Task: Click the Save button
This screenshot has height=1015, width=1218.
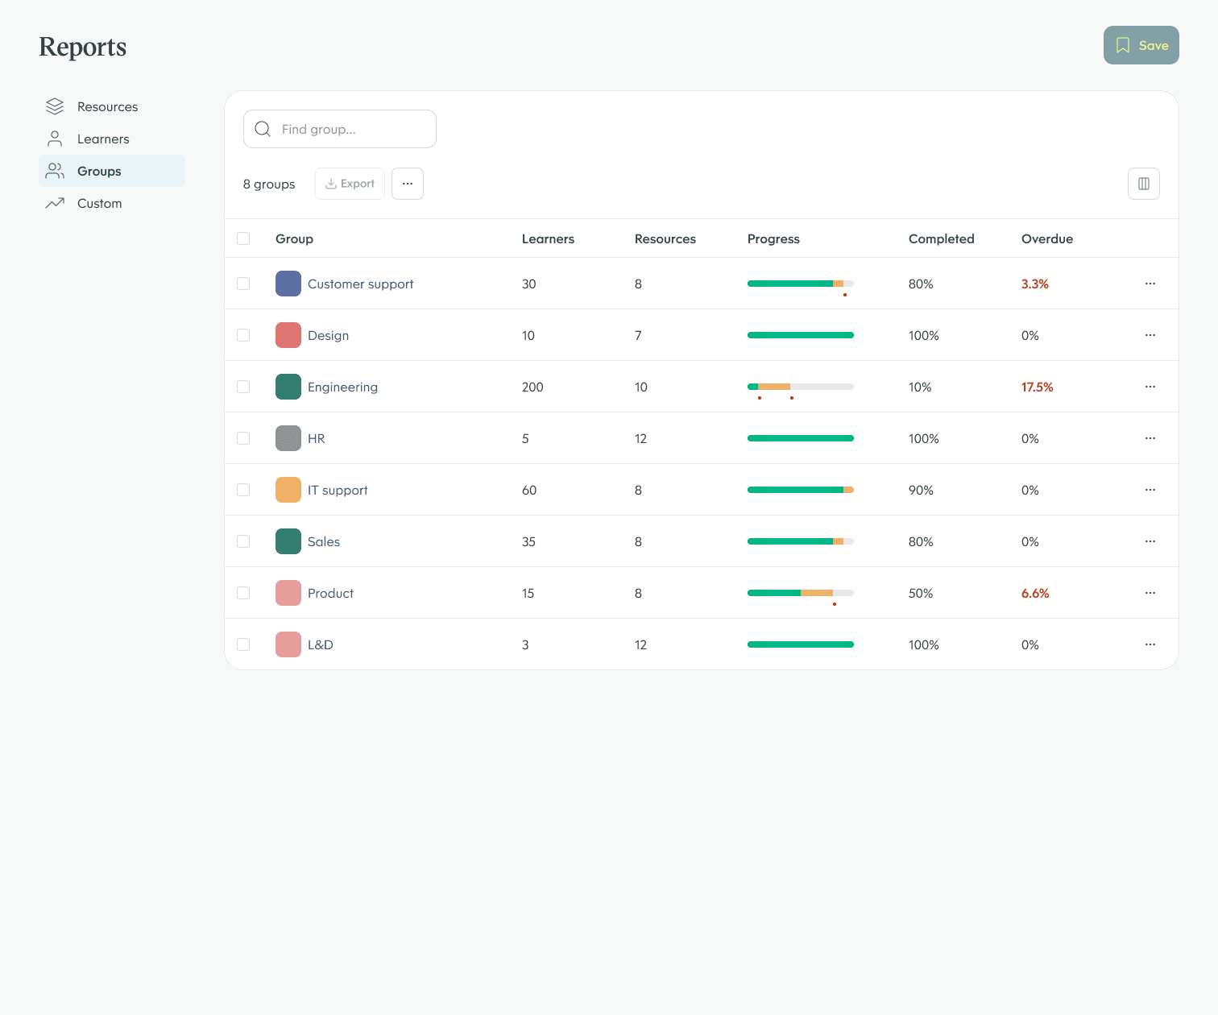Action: click(1141, 45)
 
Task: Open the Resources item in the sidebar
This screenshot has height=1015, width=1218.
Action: click(107, 106)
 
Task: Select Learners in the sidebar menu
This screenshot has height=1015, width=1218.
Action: click(103, 139)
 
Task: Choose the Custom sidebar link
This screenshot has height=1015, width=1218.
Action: click(99, 203)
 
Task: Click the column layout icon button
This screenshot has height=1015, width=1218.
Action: click(1143, 184)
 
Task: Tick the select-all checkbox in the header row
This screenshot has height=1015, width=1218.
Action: click(243, 238)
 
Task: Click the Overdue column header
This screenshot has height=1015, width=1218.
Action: click(1046, 238)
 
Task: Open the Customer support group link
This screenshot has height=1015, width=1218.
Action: click(360, 284)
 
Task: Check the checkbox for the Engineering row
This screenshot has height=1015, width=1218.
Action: click(243, 387)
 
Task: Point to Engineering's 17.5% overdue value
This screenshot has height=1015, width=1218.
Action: click(1037, 387)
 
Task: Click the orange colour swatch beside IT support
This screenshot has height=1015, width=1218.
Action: click(288, 490)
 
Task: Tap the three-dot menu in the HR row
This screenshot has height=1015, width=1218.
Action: click(1150, 438)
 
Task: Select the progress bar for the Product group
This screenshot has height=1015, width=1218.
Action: click(800, 593)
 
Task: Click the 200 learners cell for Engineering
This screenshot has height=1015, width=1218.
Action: click(532, 387)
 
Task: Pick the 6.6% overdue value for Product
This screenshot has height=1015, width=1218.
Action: click(1035, 593)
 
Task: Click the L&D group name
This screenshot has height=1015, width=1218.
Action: click(320, 644)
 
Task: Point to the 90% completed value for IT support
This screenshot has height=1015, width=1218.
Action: click(921, 490)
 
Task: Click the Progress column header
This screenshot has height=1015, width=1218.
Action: click(773, 238)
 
